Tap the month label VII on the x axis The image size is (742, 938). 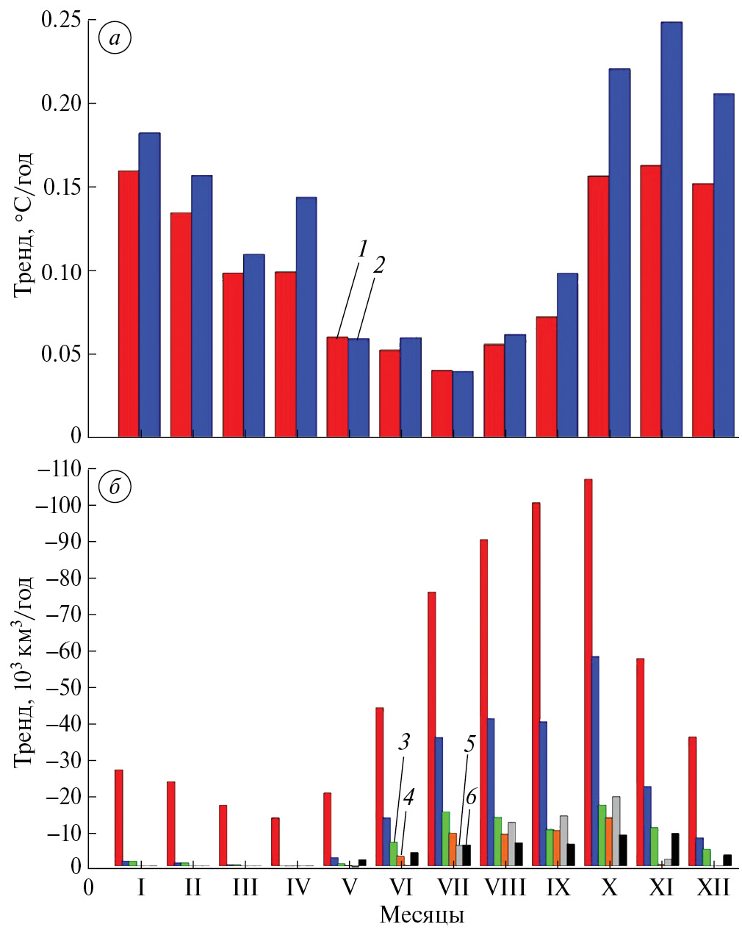pyautogui.click(x=453, y=888)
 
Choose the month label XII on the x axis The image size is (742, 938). pyautogui.click(x=713, y=888)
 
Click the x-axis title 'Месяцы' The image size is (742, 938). pyautogui.click(x=422, y=915)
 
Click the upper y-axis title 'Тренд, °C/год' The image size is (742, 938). pyautogui.click(x=23, y=223)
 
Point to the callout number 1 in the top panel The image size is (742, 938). pyautogui.click(x=362, y=249)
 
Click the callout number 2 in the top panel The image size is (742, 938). pyautogui.click(x=379, y=265)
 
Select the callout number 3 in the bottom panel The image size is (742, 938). pyautogui.click(x=404, y=742)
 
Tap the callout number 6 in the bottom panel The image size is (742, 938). pyautogui.click(x=471, y=797)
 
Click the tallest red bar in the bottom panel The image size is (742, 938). pyautogui.click(x=588, y=673)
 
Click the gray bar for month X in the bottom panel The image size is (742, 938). pyautogui.click(x=616, y=831)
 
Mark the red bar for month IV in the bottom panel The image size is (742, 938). pyautogui.click(x=275, y=842)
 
